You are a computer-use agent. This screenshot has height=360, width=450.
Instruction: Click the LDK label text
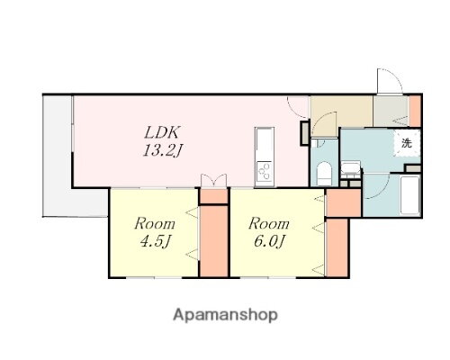pyautogui.click(x=162, y=132)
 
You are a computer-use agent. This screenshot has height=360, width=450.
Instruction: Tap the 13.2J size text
pyautogui.click(x=163, y=150)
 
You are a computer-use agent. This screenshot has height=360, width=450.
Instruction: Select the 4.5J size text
pyautogui.click(x=156, y=241)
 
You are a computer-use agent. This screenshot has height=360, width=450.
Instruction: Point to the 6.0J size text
pyautogui.click(x=269, y=241)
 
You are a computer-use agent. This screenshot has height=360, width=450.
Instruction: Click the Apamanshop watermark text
pyautogui.click(x=225, y=315)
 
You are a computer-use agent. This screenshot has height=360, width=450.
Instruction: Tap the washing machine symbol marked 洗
pyautogui.click(x=407, y=143)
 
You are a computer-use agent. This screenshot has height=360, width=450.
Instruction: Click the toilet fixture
pyautogui.click(x=324, y=174)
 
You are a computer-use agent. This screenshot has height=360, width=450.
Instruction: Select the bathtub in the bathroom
pyautogui.click(x=410, y=195)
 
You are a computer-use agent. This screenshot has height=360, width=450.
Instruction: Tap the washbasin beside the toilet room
pyautogui.click(x=351, y=168)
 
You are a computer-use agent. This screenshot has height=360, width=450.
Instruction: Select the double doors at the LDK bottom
pyautogui.click(x=213, y=180)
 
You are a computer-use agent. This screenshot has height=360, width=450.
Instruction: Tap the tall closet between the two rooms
pyautogui.click(x=214, y=241)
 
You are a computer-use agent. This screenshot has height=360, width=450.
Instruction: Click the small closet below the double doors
pyautogui.click(x=214, y=196)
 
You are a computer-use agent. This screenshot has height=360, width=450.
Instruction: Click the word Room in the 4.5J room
pyautogui.click(x=155, y=224)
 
